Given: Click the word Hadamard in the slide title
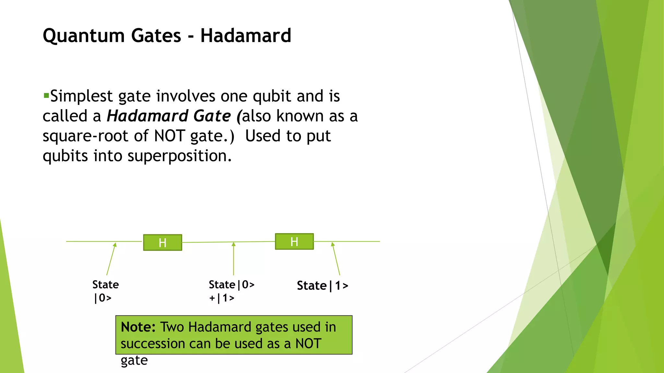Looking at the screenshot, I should click(246, 36).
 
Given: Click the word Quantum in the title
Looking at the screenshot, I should click(84, 36).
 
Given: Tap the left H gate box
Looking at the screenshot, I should click(162, 243).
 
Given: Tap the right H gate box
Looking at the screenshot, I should click(294, 242).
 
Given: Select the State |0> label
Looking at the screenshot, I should click(105, 291).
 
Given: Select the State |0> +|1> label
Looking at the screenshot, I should click(231, 291).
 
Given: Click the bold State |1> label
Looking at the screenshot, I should click(322, 286).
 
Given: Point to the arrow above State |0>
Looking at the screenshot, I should click(111, 259).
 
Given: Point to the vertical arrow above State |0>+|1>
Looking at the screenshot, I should click(233, 259).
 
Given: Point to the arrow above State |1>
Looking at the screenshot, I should click(336, 259).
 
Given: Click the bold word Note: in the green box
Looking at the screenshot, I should click(138, 327).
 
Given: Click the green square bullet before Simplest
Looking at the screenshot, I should click(46, 96).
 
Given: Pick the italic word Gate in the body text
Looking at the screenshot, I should click(212, 116).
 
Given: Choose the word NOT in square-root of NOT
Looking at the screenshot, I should click(170, 136).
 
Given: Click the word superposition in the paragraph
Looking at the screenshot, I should click(179, 156).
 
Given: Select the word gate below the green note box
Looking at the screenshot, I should click(134, 360).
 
